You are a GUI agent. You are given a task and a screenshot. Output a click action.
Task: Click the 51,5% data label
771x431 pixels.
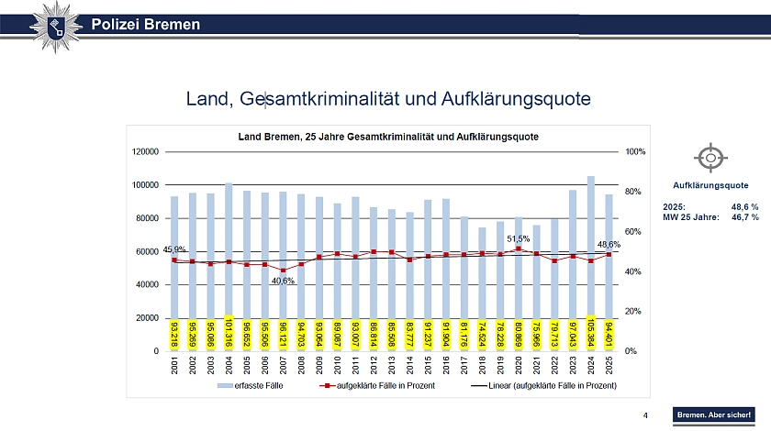(x=519, y=238)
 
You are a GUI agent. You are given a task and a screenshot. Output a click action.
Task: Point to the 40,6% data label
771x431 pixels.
(x=283, y=281)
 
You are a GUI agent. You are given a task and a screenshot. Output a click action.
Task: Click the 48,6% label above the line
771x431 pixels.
(x=609, y=245)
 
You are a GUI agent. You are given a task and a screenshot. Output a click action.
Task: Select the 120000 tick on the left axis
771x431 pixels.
(x=146, y=151)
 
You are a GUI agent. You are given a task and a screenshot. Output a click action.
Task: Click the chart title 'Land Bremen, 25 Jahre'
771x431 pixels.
(x=388, y=136)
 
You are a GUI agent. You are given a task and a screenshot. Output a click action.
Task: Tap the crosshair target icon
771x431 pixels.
(x=710, y=158)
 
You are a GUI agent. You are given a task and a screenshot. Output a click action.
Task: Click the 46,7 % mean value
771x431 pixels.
(x=744, y=217)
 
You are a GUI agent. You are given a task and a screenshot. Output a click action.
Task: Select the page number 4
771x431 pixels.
(x=646, y=415)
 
